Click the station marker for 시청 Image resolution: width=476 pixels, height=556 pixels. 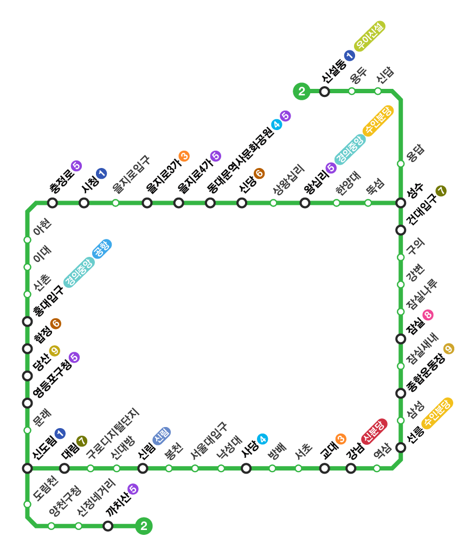point(84,203)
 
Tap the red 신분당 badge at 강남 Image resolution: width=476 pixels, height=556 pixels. point(374,431)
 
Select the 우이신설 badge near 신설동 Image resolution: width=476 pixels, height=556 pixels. point(370,36)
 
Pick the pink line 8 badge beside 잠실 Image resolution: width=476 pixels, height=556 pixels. point(428,315)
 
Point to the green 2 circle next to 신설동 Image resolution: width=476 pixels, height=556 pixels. point(301,92)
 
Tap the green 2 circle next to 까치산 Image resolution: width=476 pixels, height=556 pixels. point(144,526)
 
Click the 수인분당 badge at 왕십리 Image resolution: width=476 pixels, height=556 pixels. point(378,120)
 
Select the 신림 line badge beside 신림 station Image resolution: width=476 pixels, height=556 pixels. point(162,436)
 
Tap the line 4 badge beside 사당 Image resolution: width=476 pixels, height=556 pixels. point(262,438)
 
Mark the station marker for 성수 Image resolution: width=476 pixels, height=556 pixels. point(401,203)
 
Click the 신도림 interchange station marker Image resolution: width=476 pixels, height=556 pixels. point(28,468)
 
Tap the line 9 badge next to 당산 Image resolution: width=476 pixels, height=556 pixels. point(54,351)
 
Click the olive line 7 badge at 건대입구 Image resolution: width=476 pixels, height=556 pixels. point(441,191)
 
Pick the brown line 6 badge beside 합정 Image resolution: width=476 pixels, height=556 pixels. point(55,324)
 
